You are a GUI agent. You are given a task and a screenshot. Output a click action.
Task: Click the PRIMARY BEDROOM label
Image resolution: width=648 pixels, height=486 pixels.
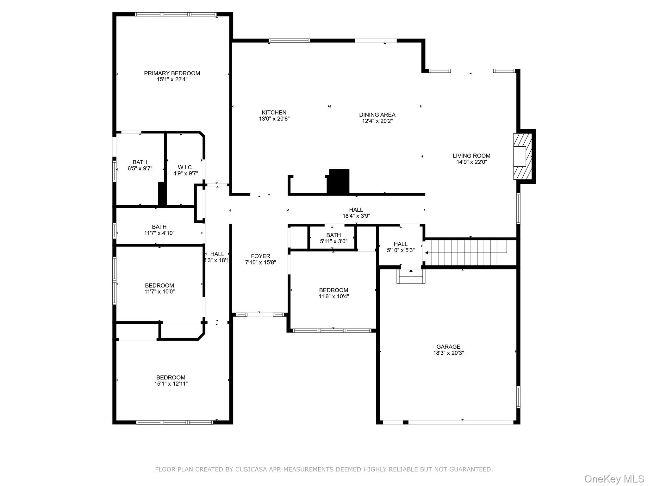click(172, 73)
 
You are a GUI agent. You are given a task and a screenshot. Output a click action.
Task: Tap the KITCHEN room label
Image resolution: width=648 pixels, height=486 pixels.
click(274, 113)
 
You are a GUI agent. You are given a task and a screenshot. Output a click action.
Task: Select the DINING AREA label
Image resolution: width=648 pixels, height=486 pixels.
click(377, 115)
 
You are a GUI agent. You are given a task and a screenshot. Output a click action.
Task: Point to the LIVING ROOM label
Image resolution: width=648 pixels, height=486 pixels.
click(471, 156)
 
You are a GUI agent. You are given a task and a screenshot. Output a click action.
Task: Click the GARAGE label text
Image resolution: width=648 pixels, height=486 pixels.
click(448, 347)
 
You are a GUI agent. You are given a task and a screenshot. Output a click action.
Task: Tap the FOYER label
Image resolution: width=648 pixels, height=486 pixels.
click(261, 256)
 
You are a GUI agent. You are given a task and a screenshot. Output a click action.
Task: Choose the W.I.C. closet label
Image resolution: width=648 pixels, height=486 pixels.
click(185, 167)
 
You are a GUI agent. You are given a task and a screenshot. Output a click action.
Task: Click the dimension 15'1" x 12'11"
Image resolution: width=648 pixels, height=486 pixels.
click(171, 384)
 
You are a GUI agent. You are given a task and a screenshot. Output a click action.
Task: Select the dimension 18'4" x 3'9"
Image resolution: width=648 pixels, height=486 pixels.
click(356, 216)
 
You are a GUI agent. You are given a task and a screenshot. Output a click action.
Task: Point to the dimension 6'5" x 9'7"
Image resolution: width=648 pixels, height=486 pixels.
click(140, 169)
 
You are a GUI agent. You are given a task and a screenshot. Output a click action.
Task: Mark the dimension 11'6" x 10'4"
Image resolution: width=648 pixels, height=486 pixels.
click(334, 296)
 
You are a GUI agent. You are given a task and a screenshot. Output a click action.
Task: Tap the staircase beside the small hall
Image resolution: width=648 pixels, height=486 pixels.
click(471, 253)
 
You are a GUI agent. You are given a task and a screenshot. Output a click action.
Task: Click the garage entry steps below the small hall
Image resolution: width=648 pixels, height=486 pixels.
click(411, 276)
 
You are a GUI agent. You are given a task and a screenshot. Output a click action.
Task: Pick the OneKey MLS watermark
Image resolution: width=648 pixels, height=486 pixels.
click(614, 479)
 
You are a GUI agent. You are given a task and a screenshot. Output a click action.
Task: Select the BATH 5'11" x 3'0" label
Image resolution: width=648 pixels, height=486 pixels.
click(333, 238)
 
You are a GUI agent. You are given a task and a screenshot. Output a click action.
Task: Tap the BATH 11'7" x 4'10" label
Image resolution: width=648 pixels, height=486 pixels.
click(159, 230)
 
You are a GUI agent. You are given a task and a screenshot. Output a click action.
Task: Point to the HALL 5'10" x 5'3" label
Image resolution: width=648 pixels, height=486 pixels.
click(401, 247)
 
